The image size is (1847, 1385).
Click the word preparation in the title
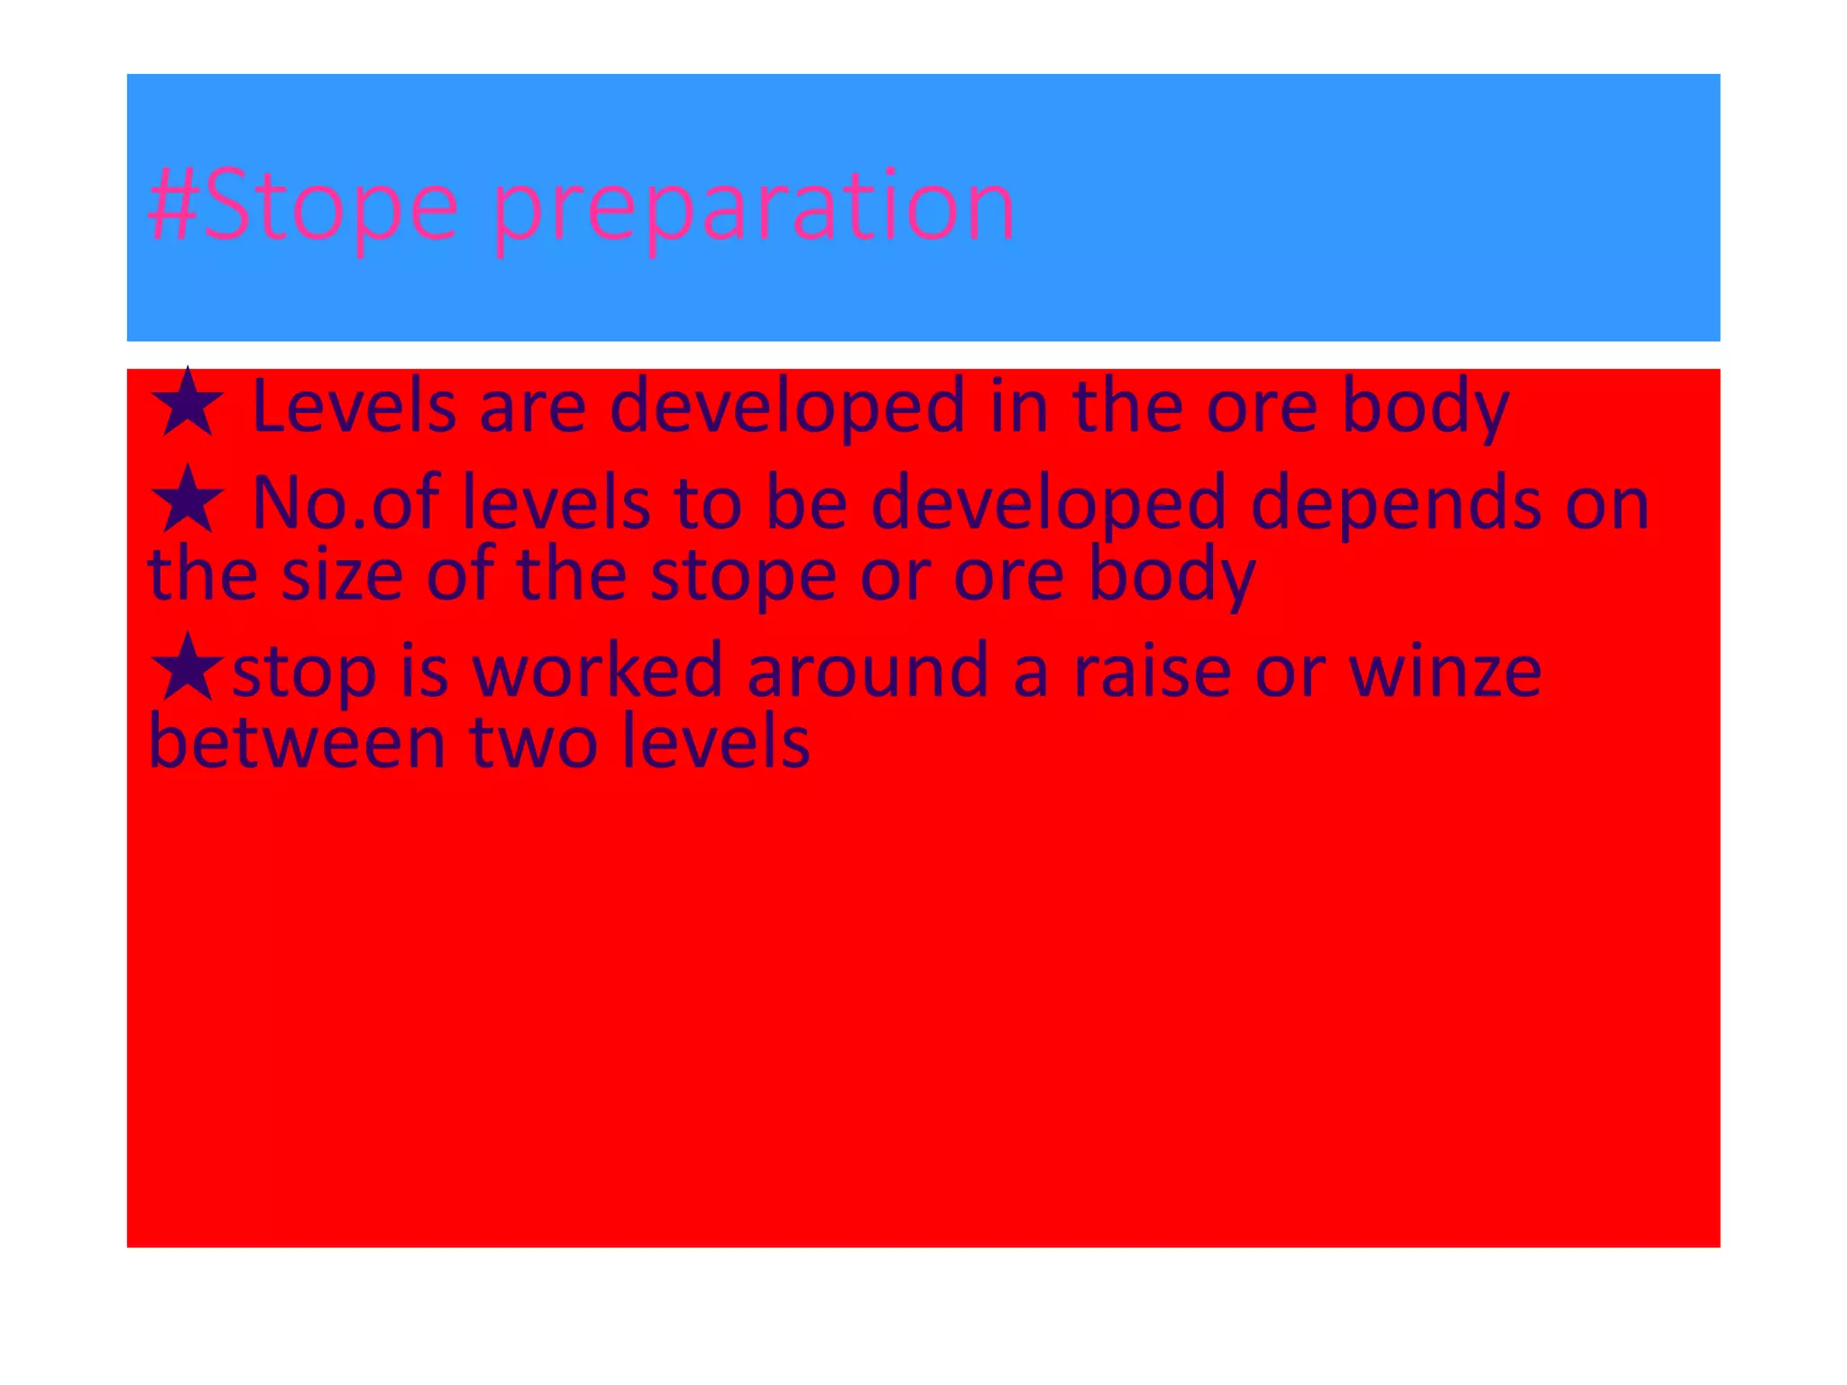(754, 207)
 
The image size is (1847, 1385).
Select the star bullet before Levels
(188, 403)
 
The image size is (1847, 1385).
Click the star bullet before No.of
(188, 500)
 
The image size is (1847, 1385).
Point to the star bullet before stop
(188, 667)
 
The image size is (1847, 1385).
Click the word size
(342, 574)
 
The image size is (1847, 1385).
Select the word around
(868, 671)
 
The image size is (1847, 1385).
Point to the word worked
(597, 671)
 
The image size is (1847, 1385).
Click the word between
(297, 742)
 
